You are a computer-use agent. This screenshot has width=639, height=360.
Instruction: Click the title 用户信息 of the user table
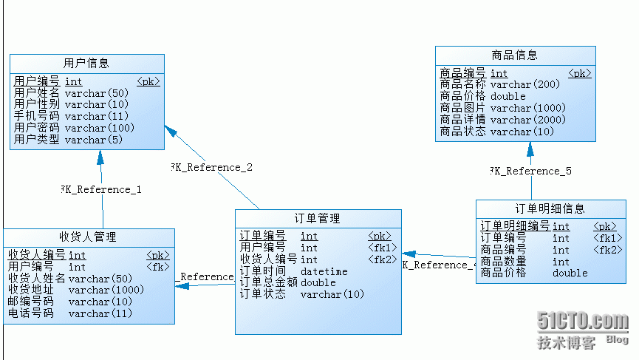(86, 63)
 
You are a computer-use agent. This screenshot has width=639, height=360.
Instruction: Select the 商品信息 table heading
(515, 55)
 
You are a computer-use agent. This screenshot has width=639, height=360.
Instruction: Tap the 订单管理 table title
(318, 218)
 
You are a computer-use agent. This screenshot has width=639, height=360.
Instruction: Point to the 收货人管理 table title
(88, 237)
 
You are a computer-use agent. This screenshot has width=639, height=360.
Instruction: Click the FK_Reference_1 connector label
(101, 189)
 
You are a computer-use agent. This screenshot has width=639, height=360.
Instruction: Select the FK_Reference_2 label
(212, 167)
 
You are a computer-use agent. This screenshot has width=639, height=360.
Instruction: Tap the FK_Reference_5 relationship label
(530, 171)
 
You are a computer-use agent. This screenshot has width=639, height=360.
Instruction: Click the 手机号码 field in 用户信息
(37, 116)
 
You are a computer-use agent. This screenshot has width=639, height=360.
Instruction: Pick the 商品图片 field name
(462, 108)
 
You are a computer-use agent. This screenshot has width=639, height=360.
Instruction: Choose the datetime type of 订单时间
(324, 271)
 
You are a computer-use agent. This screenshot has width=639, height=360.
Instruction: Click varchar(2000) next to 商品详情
(527, 120)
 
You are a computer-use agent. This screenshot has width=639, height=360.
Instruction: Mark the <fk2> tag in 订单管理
(382, 259)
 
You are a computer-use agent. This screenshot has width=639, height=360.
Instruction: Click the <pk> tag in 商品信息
(579, 73)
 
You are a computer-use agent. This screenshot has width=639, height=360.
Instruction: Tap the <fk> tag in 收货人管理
(157, 266)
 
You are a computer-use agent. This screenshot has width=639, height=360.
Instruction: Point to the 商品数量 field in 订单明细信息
(503, 261)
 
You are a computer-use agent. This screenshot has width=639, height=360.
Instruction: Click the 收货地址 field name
(31, 290)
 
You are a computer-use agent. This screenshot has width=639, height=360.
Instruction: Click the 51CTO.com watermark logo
(583, 322)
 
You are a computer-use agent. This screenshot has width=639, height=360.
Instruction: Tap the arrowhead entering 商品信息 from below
(530, 149)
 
